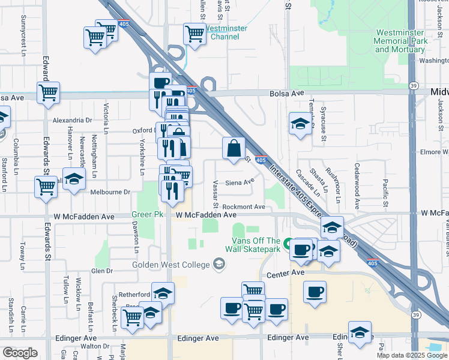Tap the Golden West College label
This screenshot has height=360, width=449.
(171, 265)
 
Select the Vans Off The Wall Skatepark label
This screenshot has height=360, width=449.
(256, 244)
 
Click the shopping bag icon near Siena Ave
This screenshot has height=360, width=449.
(234, 148)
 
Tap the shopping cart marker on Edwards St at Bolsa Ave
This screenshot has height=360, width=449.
(48, 93)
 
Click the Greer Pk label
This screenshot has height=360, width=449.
(143, 215)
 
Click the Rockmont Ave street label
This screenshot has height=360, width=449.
(243, 206)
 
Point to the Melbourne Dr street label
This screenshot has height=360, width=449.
(110, 192)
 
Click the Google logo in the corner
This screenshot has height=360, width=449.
(20, 353)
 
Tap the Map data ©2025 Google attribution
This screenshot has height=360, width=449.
(412, 355)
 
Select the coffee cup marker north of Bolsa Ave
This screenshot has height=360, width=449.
(160, 83)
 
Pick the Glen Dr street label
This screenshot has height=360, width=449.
(101, 271)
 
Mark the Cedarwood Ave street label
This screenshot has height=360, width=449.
(357, 178)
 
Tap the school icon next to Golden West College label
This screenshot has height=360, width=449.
(219, 264)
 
